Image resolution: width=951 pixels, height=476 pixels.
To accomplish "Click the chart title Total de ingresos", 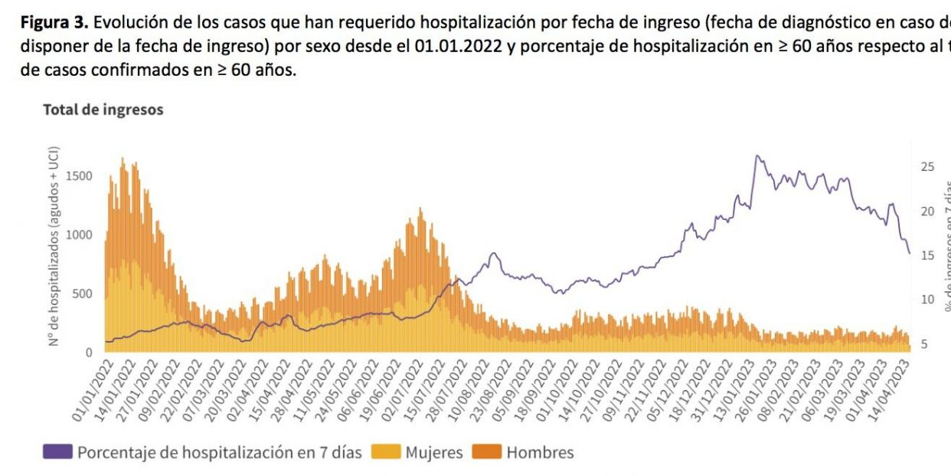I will (x=103, y=110).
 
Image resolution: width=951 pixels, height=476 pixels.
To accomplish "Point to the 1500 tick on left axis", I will (x=79, y=176).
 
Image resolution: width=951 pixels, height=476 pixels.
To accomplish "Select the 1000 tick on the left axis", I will (x=79, y=235).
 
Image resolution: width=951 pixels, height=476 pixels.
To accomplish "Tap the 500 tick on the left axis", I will (x=82, y=294).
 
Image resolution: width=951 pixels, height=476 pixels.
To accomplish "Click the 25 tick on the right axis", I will (x=927, y=166).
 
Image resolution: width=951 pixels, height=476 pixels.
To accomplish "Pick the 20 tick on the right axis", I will (x=927, y=212).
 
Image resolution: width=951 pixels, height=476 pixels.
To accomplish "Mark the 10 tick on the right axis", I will (x=927, y=300).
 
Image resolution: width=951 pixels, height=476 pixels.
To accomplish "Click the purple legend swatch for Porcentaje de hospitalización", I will (x=57, y=452).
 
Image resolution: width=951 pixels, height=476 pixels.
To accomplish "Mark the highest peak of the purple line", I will (x=757, y=156).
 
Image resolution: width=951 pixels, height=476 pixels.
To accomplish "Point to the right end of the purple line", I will (x=909, y=253).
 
